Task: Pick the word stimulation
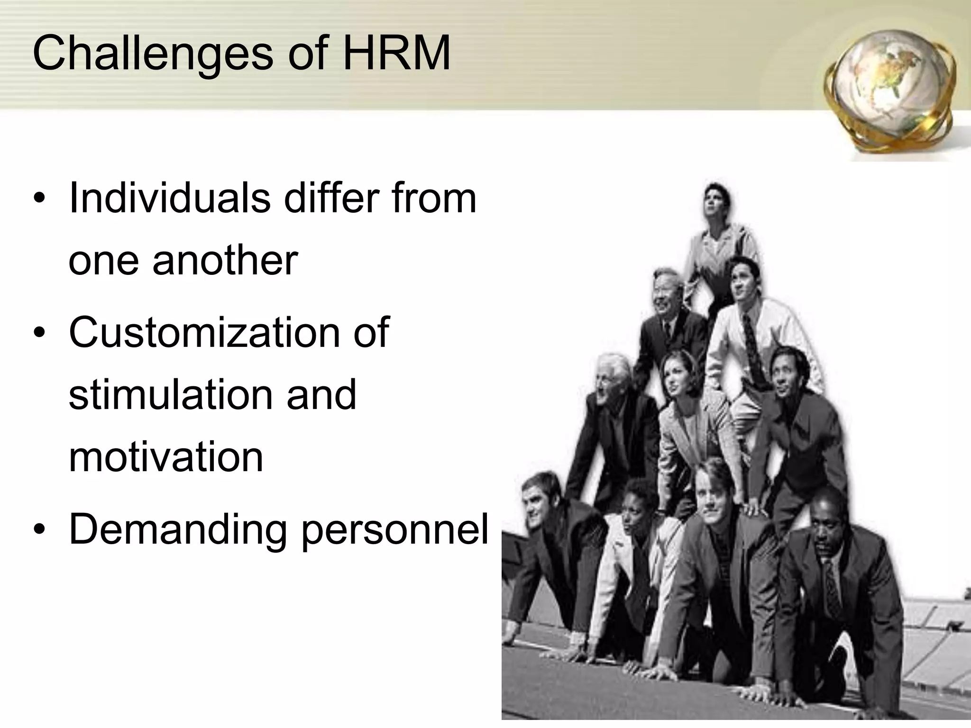tap(168, 394)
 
